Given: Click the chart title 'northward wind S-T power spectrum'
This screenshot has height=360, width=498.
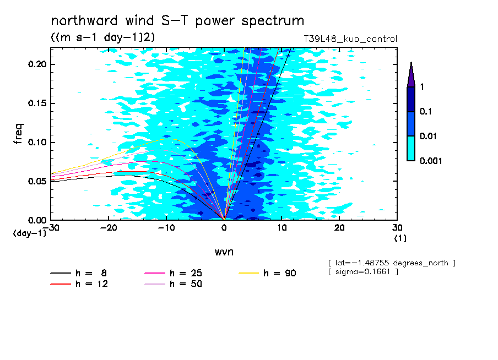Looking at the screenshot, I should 177,21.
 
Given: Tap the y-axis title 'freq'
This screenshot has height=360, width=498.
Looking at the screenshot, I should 19,134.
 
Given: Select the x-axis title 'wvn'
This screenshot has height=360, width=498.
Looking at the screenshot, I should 224,252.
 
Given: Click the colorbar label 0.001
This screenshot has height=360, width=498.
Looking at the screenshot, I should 431,161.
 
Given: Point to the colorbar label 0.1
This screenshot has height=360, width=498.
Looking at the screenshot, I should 426,111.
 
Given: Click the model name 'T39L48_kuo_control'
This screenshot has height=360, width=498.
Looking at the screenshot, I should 350,39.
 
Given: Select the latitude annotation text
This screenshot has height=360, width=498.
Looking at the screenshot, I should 391,263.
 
